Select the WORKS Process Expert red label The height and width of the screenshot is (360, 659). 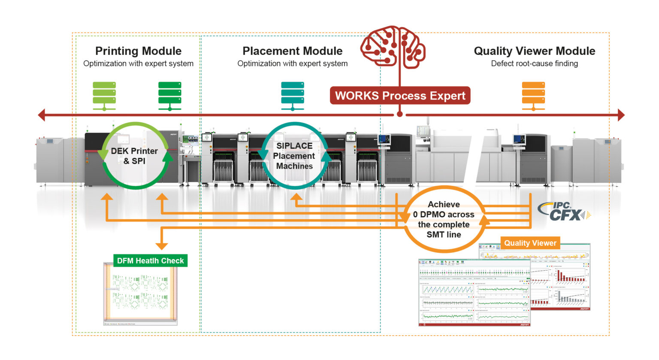400,95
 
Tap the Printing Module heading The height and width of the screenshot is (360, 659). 138,51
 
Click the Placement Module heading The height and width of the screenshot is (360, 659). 292,51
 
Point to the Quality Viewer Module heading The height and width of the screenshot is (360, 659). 534,51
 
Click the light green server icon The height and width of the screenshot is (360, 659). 104,96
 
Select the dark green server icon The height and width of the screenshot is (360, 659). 169,96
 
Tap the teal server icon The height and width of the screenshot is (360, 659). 293,96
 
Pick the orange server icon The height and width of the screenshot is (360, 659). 533,96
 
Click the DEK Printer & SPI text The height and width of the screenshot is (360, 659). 134,156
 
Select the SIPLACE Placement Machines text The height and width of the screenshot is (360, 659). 294,156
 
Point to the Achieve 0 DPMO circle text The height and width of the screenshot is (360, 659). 444,220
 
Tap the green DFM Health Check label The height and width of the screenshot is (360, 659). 150,260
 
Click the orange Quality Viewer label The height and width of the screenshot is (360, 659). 530,243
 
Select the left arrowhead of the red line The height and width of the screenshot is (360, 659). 41,115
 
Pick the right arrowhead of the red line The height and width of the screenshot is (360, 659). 621,115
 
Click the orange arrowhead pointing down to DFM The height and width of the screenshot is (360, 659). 161,245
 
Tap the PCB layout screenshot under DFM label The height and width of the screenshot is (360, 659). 140,294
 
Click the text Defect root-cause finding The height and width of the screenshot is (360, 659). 534,64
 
